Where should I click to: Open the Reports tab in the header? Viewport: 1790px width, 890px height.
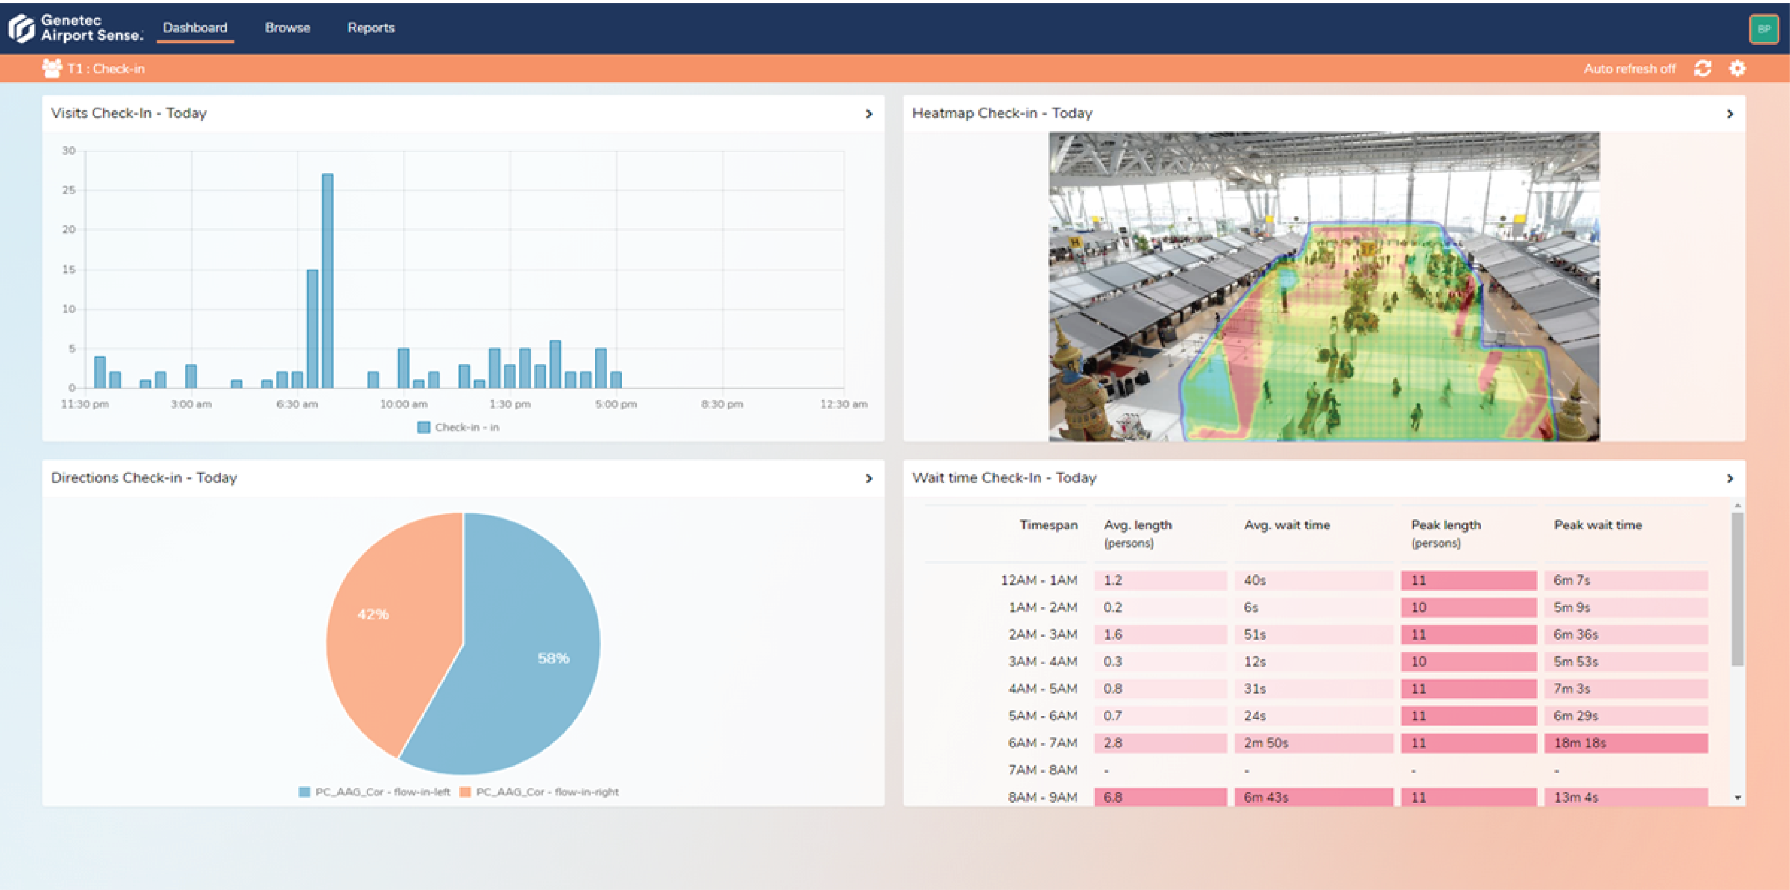[371, 28]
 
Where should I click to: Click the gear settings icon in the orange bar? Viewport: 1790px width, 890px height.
[1737, 68]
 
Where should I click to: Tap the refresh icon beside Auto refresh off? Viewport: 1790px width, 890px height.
[1702, 68]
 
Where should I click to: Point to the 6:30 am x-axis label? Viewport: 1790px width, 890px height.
[298, 404]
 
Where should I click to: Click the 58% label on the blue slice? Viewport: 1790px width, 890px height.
[553, 658]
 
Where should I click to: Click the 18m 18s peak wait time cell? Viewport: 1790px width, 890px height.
[1625, 743]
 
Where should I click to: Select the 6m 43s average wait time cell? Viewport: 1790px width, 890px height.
[1313, 797]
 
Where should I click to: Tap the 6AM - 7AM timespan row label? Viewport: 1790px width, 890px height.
[1042, 743]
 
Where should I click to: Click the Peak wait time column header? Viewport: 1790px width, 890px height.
[1597, 525]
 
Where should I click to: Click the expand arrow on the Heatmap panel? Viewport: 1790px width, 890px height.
[1730, 113]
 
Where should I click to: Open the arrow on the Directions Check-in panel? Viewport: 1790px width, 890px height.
[869, 478]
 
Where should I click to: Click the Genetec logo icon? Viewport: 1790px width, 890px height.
[21, 28]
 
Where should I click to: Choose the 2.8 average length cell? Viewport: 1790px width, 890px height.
[1160, 743]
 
